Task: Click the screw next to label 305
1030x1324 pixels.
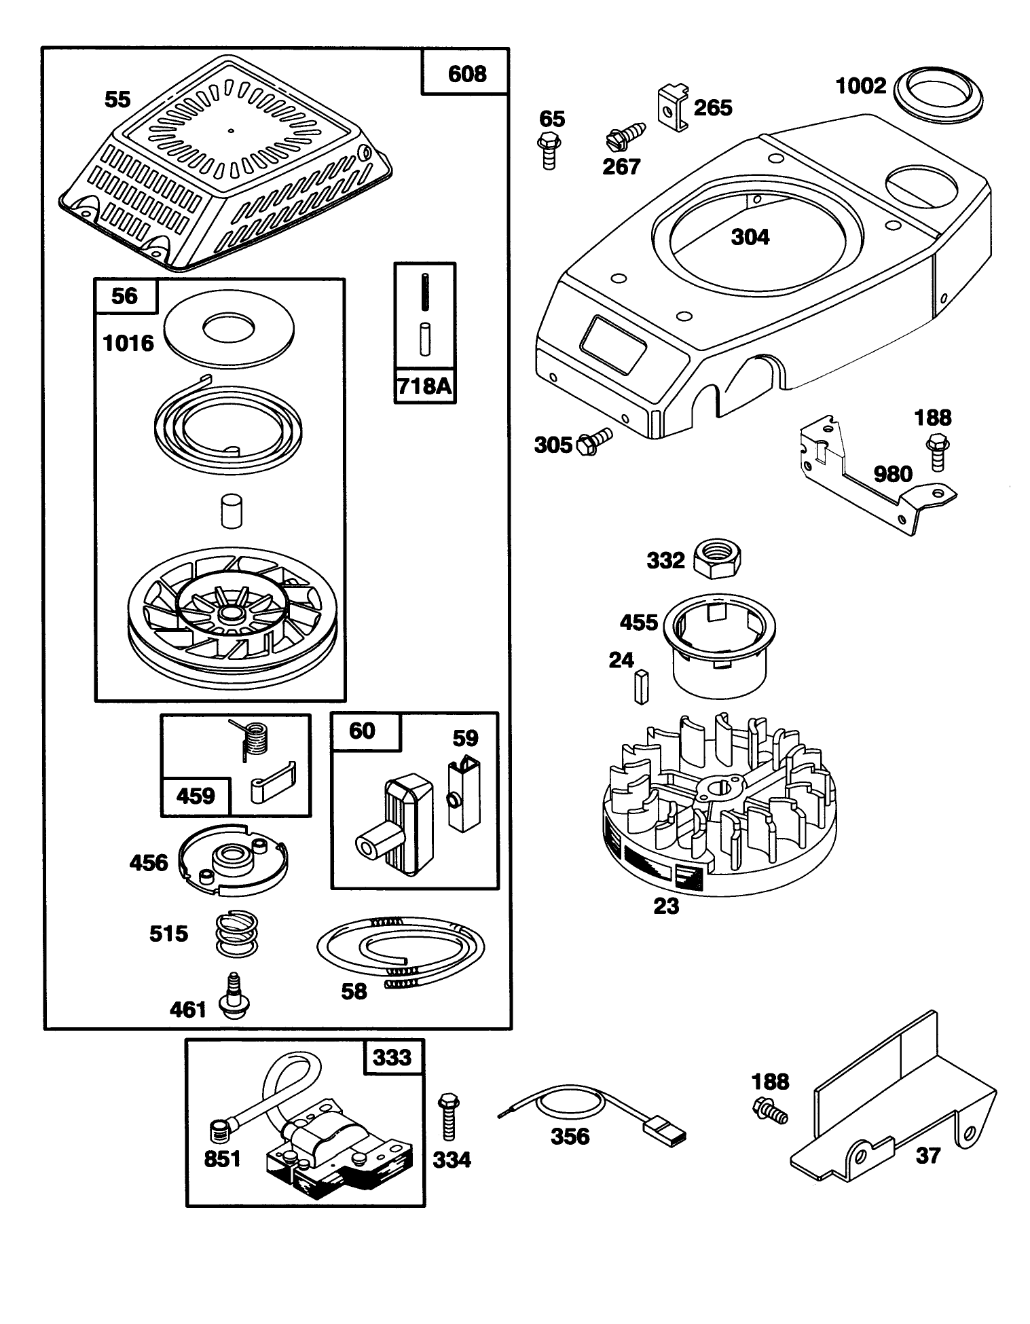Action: click(x=594, y=441)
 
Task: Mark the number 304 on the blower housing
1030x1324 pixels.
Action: click(x=750, y=237)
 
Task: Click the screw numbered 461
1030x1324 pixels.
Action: click(x=233, y=997)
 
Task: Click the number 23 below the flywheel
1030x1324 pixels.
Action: click(x=665, y=906)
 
